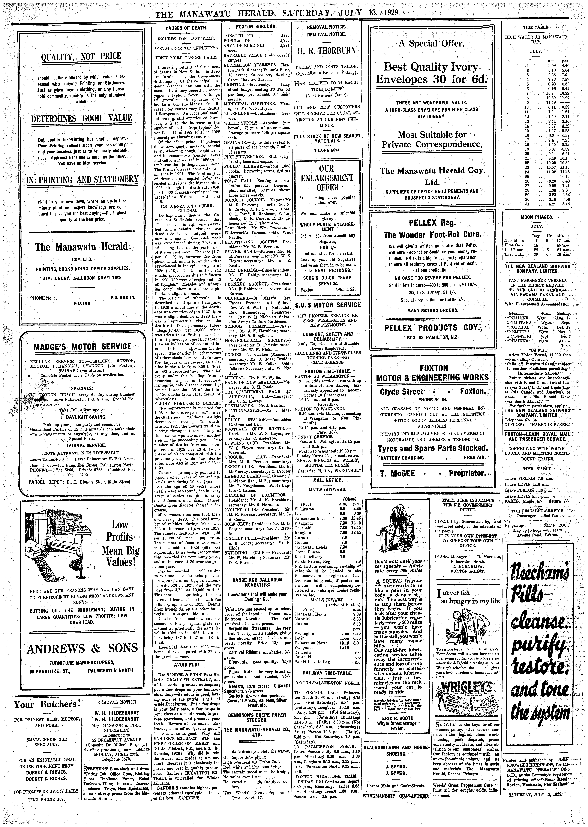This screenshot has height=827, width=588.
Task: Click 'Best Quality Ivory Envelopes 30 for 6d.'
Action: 431,73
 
